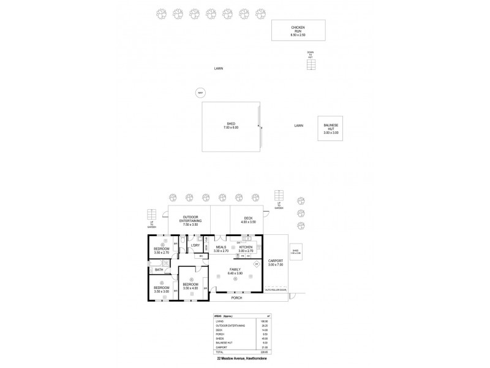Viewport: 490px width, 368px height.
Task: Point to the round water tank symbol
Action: [200, 93]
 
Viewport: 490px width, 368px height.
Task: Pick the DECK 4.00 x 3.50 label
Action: [247, 219]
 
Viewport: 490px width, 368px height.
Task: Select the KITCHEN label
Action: [246, 248]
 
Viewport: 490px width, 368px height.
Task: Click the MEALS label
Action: [221, 248]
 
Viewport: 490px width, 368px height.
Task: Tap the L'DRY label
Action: [195, 245]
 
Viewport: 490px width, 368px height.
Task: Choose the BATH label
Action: [159, 269]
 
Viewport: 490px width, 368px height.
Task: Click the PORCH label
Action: [236, 297]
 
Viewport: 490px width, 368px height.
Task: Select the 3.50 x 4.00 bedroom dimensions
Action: [190, 288]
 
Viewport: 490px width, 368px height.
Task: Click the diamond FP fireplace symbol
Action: [257, 264]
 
